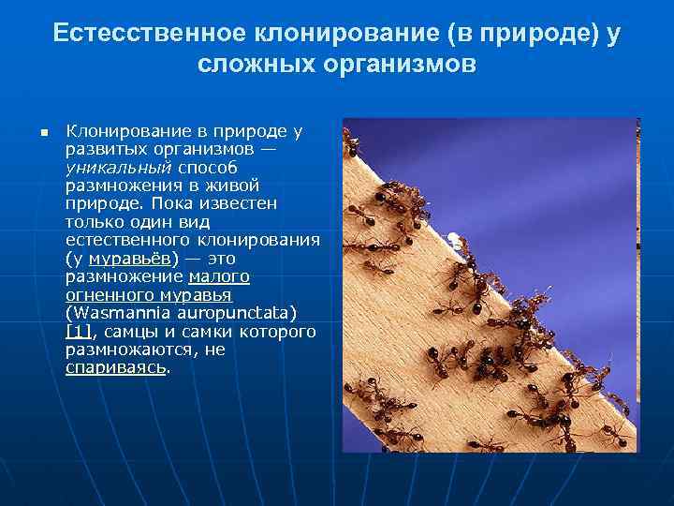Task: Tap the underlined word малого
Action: coord(219,275)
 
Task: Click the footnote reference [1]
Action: coord(78,331)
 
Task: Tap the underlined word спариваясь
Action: coord(116,366)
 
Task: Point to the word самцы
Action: coord(131,331)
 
